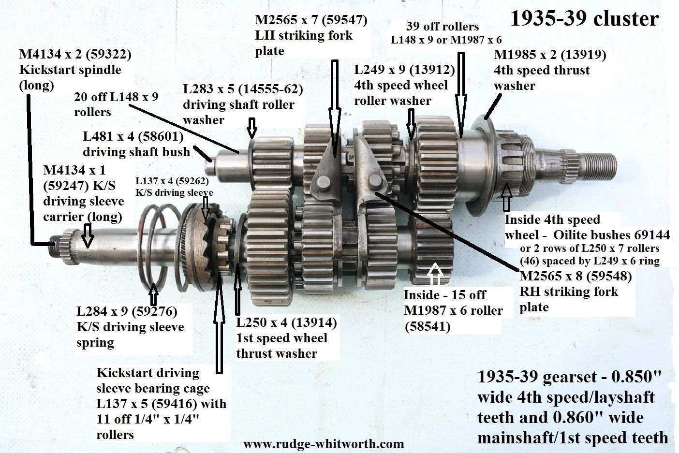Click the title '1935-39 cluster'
pos(584,19)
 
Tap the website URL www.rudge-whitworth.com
pos(324,444)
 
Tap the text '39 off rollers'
pos(442,27)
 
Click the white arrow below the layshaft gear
pos(435,274)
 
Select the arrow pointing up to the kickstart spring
pos(154,294)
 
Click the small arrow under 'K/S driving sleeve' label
pos(206,208)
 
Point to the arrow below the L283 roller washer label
pos(251,128)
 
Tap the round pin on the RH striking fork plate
pos(375,181)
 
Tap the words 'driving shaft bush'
pos(136,152)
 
